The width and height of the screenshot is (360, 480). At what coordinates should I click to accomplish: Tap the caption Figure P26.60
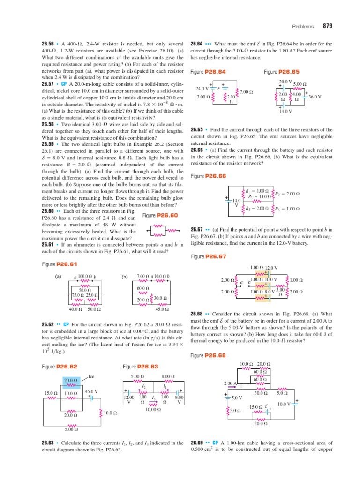click(x=160, y=215)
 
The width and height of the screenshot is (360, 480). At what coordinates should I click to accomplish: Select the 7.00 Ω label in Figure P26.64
click(x=247, y=92)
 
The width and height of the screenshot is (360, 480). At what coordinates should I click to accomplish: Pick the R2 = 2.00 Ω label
click(x=286, y=194)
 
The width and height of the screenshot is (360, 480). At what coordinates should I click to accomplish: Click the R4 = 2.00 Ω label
click(x=257, y=209)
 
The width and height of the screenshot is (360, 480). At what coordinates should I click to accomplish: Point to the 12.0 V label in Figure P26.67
click(x=270, y=267)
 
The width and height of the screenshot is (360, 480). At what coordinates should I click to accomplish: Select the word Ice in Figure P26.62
click(x=92, y=376)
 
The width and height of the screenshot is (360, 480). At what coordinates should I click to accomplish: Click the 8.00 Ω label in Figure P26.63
click(x=168, y=376)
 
